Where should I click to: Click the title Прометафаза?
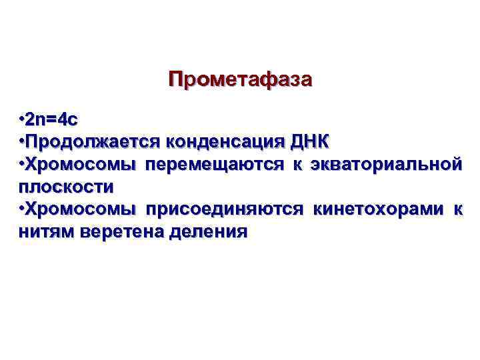pos(240,81)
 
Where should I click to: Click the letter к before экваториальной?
pos(295,164)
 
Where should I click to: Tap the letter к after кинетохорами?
pos(457,209)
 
